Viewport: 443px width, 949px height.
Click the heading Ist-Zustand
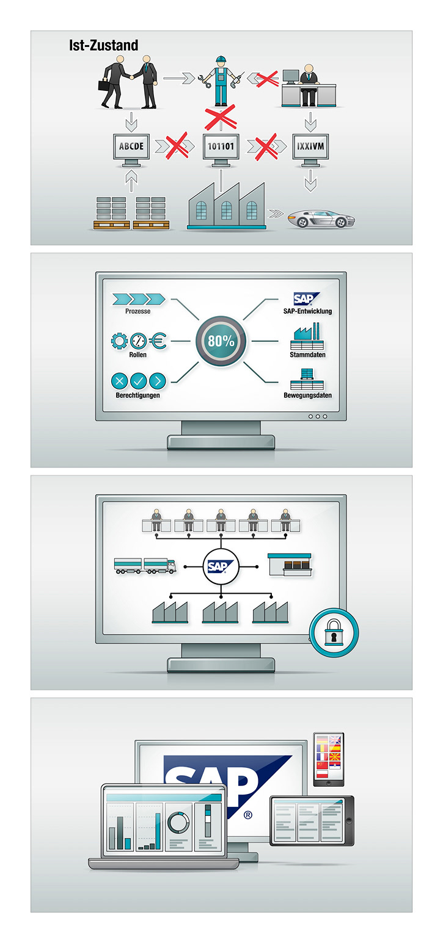103,45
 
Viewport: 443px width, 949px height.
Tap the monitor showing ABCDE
131,147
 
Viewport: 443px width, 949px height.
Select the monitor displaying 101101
221,147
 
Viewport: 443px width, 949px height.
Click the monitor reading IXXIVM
310,147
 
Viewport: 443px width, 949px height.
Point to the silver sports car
321,219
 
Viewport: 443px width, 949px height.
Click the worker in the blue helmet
221,80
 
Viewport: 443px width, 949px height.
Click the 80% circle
221,341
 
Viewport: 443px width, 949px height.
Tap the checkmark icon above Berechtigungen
138,381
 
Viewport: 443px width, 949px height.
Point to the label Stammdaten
307,355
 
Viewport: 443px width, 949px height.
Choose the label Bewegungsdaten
307,395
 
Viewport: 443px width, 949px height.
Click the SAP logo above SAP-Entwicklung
306,299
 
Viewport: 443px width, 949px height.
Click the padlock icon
334,633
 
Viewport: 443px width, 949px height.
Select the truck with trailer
145,565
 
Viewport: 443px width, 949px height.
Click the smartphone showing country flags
329,759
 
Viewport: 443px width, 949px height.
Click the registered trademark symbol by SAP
248,814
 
